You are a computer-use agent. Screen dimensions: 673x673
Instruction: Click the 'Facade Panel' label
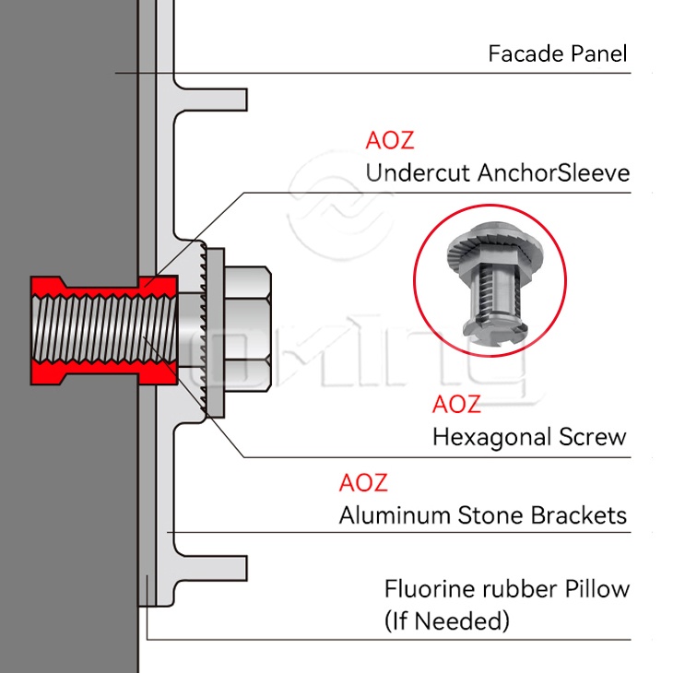(x=557, y=54)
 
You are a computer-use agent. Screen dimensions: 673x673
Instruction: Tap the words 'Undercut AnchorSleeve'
(x=498, y=173)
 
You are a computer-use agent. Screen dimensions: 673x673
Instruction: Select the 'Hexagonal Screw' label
(x=529, y=438)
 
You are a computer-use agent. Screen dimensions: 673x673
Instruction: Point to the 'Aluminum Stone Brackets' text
(x=483, y=515)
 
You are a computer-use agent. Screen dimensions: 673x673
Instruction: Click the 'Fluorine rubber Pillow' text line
(x=507, y=589)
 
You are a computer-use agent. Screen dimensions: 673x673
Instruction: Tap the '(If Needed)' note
(x=447, y=621)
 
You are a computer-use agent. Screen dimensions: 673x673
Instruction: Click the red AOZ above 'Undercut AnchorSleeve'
(x=390, y=140)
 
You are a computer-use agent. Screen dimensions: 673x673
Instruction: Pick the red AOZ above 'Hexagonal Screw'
(x=456, y=405)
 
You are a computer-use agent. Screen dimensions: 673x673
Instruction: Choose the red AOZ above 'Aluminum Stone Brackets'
(x=363, y=482)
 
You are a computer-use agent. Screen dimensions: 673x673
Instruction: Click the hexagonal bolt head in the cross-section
(x=247, y=329)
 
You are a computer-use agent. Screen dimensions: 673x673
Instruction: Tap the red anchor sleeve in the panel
(x=104, y=330)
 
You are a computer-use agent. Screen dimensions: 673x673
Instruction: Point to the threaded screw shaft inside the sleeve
(x=104, y=330)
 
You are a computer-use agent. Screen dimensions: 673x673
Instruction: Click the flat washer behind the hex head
(x=215, y=333)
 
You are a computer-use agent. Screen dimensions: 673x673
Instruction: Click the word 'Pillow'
(x=597, y=589)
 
